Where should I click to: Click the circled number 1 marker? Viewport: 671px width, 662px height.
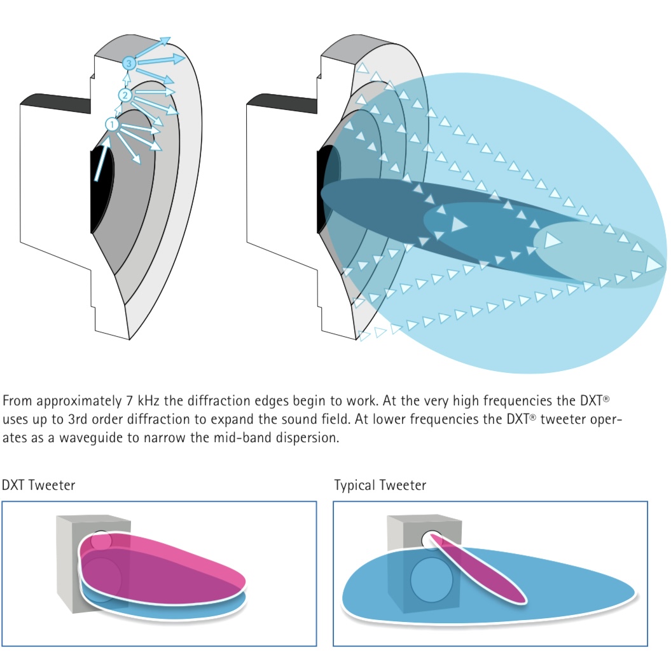pos(112,125)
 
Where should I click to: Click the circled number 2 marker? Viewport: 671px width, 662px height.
pos(125,95)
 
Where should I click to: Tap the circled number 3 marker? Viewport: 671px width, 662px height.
pos(129,64)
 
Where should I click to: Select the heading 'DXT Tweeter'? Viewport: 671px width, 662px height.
pos(38,485)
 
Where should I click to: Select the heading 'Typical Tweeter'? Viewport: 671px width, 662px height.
pos(380,485)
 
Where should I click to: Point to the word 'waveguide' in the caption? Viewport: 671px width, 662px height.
pos(92,437)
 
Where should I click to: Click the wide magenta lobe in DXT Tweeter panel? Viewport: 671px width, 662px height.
pos(172,565)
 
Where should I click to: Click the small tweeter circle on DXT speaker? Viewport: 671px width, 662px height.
pos(100,541)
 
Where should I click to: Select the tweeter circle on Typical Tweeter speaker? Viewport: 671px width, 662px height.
pos(432,537)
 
